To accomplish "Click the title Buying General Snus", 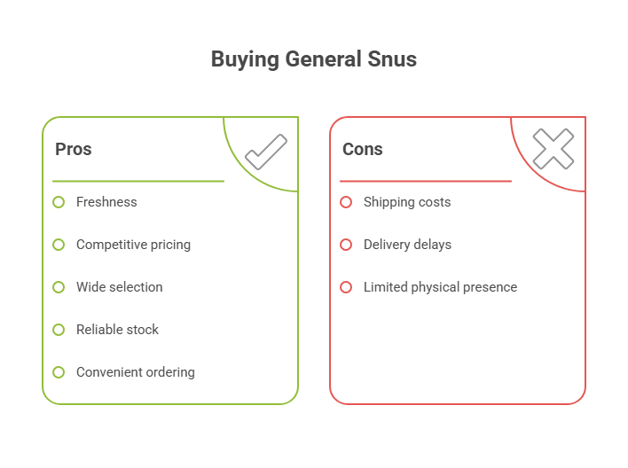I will click(x=313, y=59).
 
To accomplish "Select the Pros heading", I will click(x=74, y=149).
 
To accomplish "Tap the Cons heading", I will click(x=363, y=149).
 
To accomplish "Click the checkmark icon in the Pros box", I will click(x=265, y=151).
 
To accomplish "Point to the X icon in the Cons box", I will click(x=553, y=149).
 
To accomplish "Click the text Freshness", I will click(x=106, y=202).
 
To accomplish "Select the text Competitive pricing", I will click(x=133, y=245).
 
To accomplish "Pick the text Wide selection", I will click(x=119, y=287).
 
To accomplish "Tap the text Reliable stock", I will click(x=117, y=330).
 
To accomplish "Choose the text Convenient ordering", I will click(x=135, y=372).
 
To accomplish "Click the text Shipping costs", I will click(x=407, y=202).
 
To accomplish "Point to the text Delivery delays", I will click(x=407, y=245).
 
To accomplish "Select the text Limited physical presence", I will click(x=440, y=287).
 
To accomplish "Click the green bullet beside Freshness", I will click(x=59, y=202).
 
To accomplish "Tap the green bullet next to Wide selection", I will click(x=59, y=287).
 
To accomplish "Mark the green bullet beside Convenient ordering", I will click(x=59, y=372).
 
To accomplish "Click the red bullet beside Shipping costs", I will click(x=346, y=202).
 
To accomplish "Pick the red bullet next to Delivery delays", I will click(x=346, y=245).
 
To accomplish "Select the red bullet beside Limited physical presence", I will click(x=346, y=287).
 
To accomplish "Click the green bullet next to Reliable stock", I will click(x=59, y=330).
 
